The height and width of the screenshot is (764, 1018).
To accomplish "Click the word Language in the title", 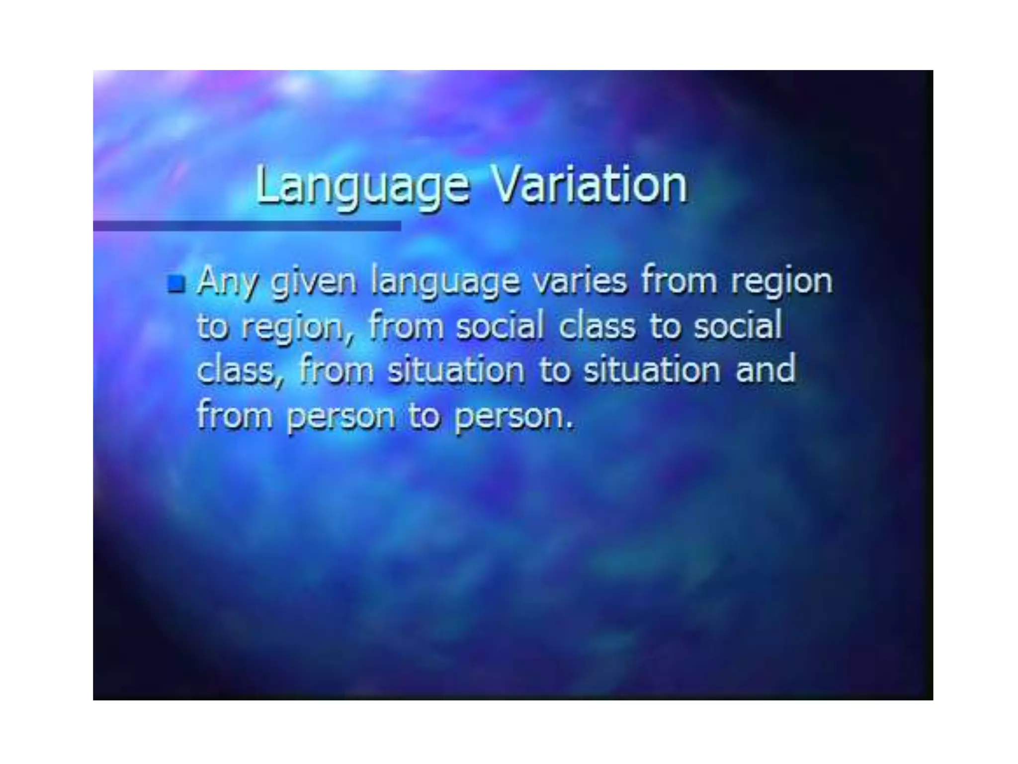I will (362, 186).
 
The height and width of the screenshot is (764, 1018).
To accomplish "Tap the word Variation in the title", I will (589, 185).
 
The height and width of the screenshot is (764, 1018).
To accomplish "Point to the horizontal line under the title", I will (247, 226).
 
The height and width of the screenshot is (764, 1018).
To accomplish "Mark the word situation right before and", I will (652, 370).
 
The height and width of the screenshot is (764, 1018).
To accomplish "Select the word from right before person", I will (234, 415).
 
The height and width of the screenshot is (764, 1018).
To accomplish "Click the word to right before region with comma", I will (212, 327).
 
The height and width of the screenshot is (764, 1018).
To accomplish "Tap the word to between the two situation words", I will (554, 371).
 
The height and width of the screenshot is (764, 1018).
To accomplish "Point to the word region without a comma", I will (782, 282).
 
